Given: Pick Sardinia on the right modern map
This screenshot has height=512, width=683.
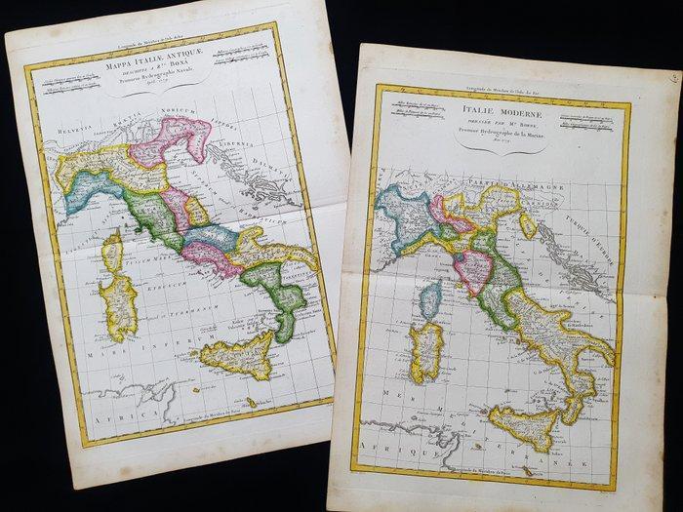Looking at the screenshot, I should point(427,350).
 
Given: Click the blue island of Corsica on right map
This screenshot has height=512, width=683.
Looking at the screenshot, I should point(430,298).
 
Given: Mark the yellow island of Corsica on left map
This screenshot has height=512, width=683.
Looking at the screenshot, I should point(112,251).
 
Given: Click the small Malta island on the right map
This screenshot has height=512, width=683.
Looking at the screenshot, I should point(528,471).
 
